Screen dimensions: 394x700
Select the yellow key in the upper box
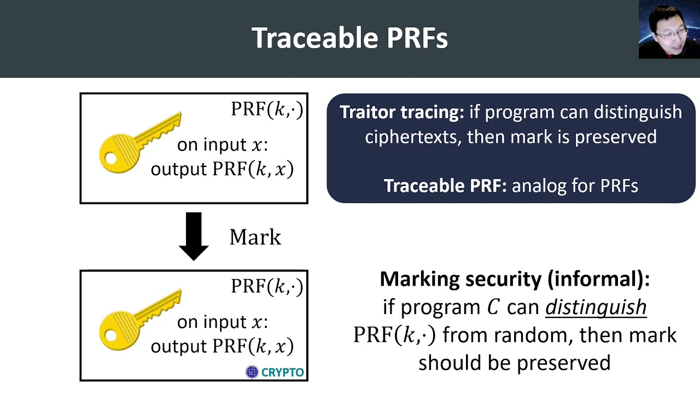tap(139, 143)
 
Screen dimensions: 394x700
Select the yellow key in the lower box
tap(139, 320)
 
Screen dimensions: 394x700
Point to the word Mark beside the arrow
tap(255, 237)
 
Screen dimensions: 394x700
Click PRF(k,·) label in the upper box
tap(266, 109)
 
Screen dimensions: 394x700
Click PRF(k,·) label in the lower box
tap(266, 286)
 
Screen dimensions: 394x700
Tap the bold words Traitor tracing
tap(401, 112)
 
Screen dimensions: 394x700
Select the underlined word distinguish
tap(596, 308)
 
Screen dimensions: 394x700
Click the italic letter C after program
tap(493, 308)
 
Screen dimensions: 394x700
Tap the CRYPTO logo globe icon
tap(252, 373)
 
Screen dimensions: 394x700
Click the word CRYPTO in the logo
tap(282, 373)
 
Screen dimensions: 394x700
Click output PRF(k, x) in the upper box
tap(222, 170)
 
